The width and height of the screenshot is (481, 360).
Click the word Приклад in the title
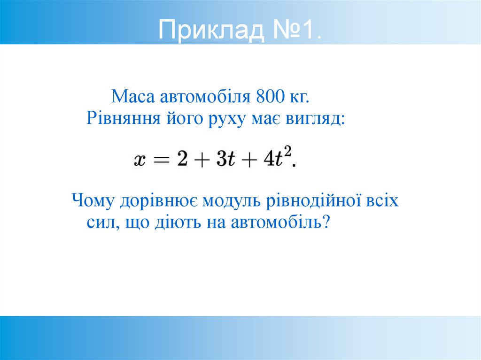tap(211, 31)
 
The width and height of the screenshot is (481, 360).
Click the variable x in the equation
tap(139, 160)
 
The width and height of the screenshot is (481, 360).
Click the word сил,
tap(101, 222)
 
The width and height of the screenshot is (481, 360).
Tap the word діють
tap(178, 222)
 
